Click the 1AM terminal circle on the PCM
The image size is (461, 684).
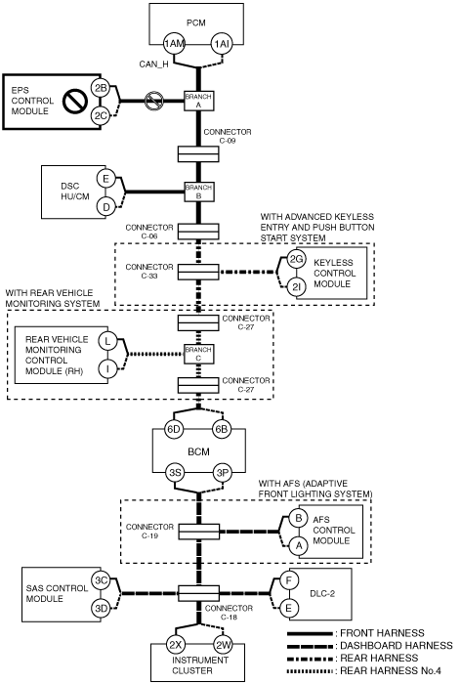pyautogui.click(x=174, y=44)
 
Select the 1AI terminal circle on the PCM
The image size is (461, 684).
pyautogui.click(x=222, y=44)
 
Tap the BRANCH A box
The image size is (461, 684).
pyautogui.click(x=199, y=101)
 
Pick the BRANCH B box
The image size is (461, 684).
pyautogui.click(x=199, y=192)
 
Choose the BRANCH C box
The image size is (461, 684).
pyautogui.click(x=199, y=354)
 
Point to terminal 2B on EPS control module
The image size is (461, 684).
pyautogui.click(x=101, y=88)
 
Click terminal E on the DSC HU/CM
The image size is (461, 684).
pyautogui.click(x=105, y=179)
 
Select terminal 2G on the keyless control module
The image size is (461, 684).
pyautogui.click(x=297, y=260)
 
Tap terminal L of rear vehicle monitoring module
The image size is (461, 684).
pyautogui.click(x=107, y=342)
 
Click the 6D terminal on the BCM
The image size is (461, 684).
pyautogui.click(x=174, y=429)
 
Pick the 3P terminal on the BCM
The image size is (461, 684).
pyautogui.click(x=223, y=473)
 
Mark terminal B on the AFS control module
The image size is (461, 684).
pyautogui.click(x=299, y=518)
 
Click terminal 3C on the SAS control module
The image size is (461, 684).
pyautogui.click(x=102, y=580)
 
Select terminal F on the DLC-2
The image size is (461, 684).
pyautogui.click(x=288, y=580)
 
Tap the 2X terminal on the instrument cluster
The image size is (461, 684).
pyautogui.click(x=176, y=645)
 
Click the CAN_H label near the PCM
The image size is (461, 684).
pyautogui.click(x=153, y=64)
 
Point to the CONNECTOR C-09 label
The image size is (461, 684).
pyautogui.click(x=228, y=136)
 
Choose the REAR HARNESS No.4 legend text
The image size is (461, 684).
pyautogui.click(x=391, y=670)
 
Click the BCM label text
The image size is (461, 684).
pyautogui.click(x=198, y=451)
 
